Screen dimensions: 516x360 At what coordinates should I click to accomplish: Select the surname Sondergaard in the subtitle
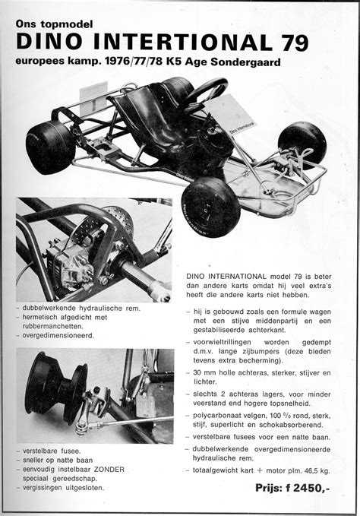point(245,60)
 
